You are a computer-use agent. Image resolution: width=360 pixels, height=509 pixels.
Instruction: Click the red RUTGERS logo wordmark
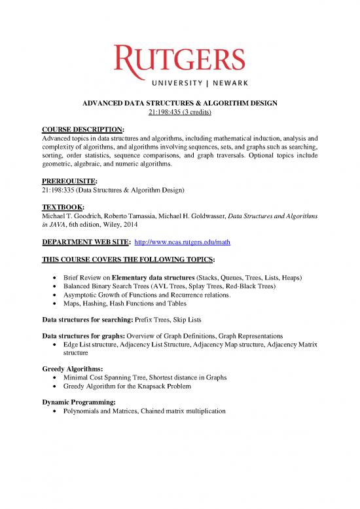pyautogui.click(x=179, y=59)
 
